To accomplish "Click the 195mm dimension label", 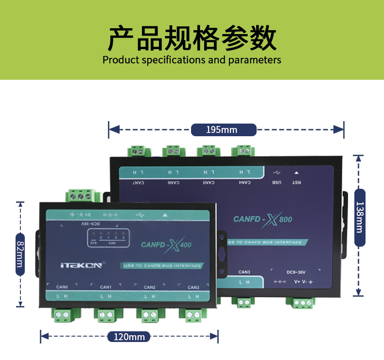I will [224, 130].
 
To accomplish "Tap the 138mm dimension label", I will [359, 211].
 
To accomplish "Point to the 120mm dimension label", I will [129, 336].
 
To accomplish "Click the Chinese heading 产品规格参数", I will [192, 39].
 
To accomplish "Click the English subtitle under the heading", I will [192, 60].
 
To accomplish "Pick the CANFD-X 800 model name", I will [263, 219].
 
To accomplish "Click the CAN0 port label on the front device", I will [62, 287].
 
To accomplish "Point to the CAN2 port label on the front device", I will [150, 287].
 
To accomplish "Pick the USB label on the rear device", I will [276, 183].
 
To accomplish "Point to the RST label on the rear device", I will [296, 183].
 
